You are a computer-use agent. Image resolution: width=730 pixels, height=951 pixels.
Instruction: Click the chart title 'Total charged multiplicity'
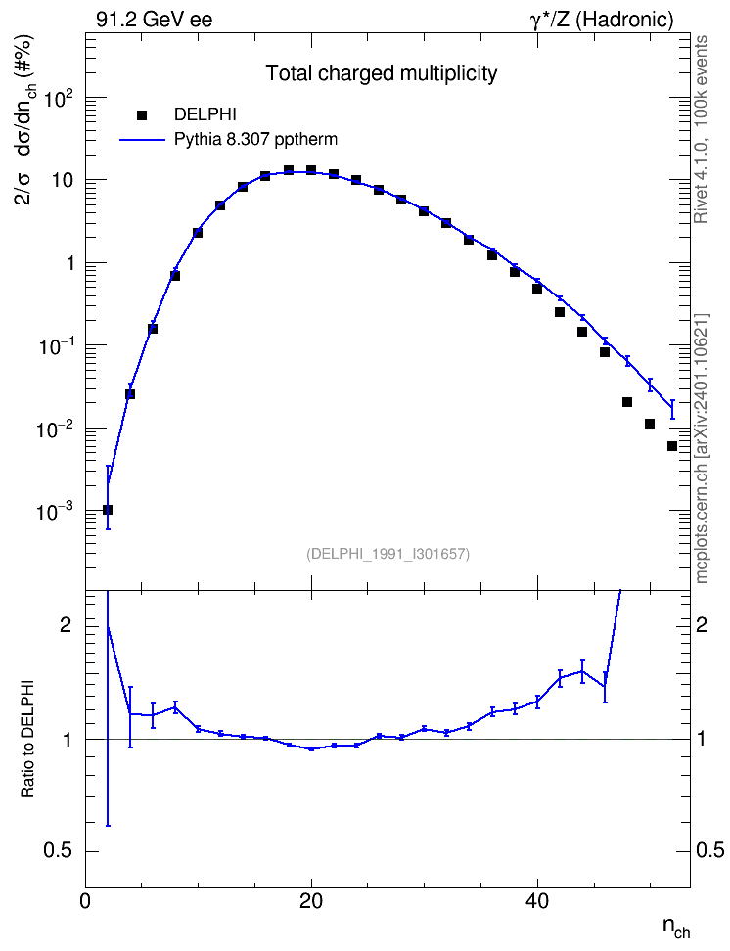[382, 73]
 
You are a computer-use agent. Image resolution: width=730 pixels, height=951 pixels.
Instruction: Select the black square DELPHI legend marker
[143, 114]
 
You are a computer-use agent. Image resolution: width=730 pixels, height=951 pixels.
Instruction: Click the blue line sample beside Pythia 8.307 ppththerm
[143, 140]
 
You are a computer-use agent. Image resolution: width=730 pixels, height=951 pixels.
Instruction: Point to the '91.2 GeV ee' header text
[155, 20]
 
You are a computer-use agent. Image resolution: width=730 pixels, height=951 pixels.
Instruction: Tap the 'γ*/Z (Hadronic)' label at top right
[602, 20]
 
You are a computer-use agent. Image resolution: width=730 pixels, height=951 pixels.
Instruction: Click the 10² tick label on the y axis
[56, 97]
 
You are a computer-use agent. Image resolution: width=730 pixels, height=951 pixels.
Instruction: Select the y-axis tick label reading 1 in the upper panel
[71, 263]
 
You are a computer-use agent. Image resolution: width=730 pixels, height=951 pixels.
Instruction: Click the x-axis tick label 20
[311, 901]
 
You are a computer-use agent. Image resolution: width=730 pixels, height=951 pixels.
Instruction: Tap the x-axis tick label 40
[537, 901]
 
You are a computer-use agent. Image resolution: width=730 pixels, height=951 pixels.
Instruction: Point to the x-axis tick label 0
[85, 901]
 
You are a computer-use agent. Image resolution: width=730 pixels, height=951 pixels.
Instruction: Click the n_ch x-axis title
[676, 928]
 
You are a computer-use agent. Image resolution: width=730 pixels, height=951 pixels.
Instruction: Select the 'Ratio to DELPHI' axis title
[27, 738]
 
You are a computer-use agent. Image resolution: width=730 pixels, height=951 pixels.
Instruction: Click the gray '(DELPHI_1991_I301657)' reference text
[388, 554]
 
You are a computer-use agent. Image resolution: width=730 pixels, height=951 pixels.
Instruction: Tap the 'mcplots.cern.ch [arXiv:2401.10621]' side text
[701, 448]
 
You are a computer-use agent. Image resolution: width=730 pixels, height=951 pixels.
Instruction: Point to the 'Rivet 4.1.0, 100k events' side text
[701, 129]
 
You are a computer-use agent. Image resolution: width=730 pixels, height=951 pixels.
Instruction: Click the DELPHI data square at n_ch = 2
[108, 510]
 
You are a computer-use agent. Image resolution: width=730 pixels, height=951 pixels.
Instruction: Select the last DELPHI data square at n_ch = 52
[671, 446]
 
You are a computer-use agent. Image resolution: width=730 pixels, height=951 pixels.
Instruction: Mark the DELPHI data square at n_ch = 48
[627, 402]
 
